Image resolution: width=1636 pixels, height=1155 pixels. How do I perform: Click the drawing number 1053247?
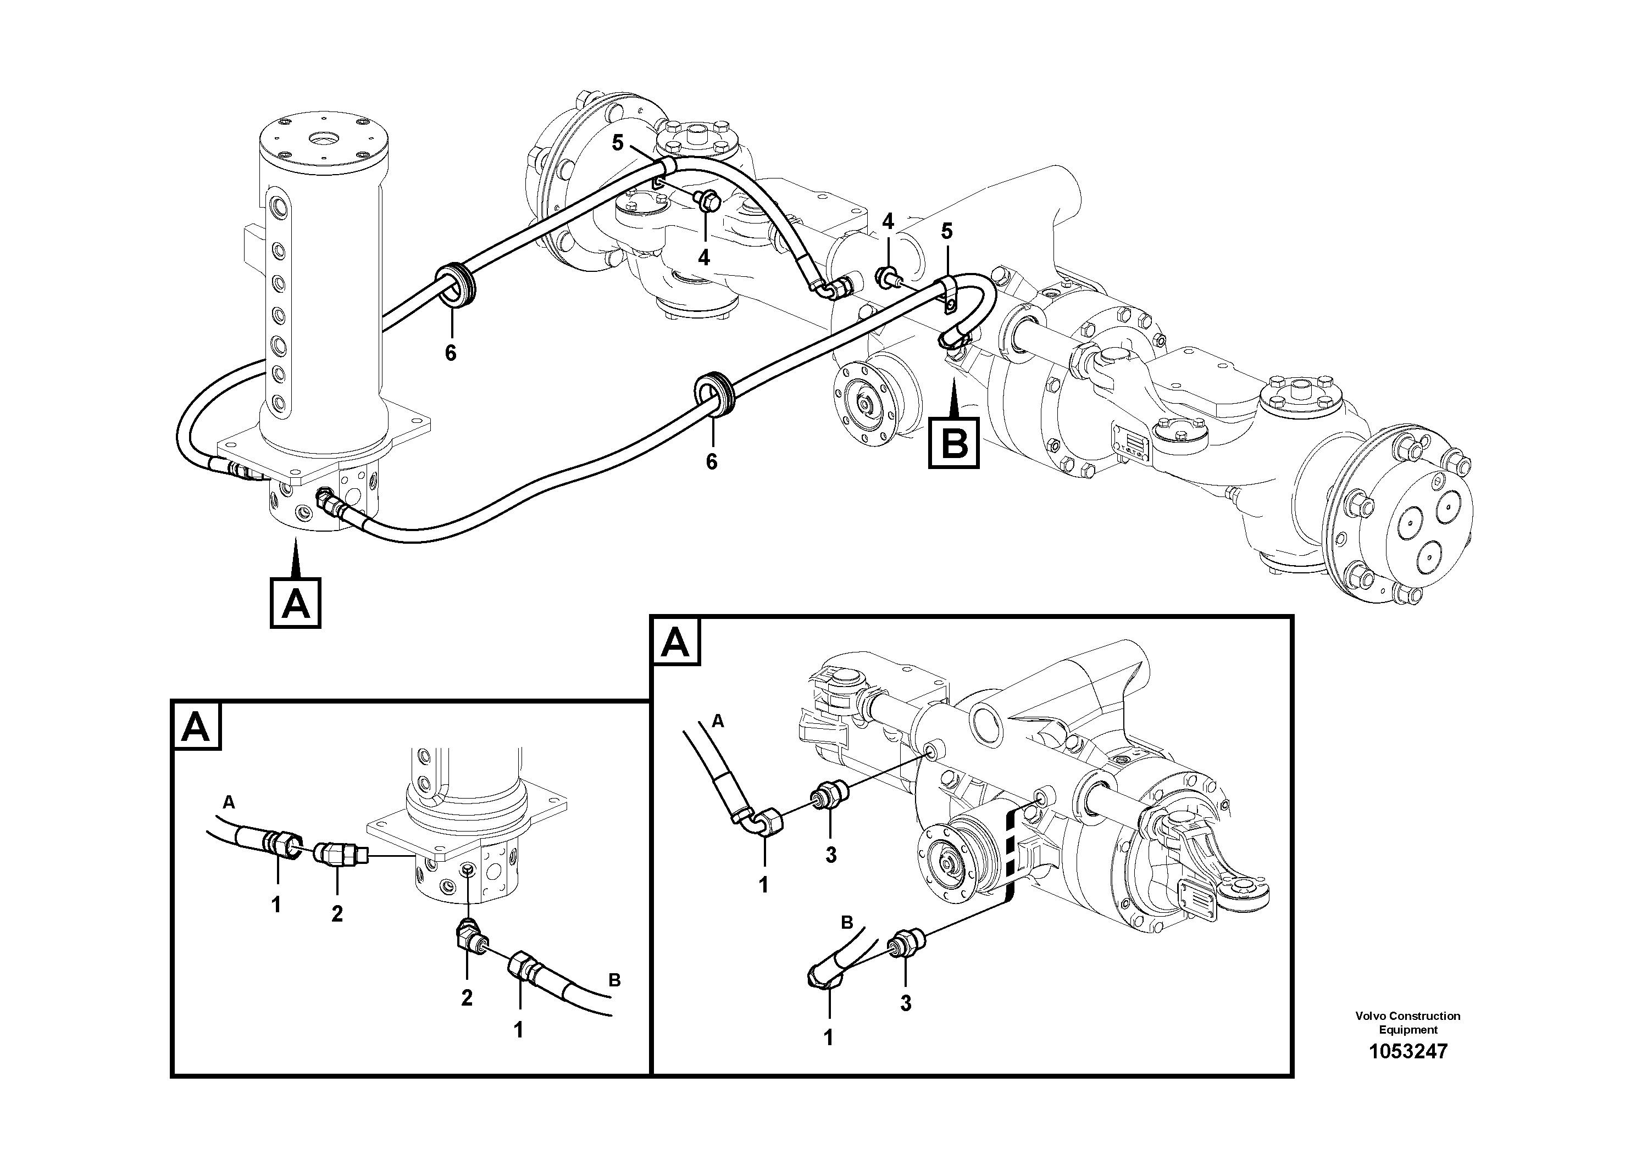coord(1407,1051)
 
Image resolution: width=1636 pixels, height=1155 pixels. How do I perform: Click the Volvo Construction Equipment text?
coord(1407,1023)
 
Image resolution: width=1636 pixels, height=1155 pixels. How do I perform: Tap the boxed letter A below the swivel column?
coord(296,603)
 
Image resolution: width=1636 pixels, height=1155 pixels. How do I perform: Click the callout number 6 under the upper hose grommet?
coord(450,353)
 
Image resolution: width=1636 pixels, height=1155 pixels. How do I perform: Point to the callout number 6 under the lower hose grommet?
coord(711,461)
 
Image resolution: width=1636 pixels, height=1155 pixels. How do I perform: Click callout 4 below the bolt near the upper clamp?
coord(704,257)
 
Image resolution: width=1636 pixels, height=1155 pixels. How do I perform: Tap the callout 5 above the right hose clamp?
coord(946,231)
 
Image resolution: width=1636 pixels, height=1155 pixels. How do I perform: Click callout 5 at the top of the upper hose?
coord(617,143)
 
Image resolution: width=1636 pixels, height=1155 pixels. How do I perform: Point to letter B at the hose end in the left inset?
coord(615,980)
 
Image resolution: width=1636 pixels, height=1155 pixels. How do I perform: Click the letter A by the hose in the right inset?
coord(718,721)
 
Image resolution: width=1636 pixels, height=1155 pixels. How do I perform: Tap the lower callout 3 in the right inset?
coord(905,1003)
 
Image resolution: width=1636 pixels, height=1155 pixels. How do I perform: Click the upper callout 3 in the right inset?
coord(831,855)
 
